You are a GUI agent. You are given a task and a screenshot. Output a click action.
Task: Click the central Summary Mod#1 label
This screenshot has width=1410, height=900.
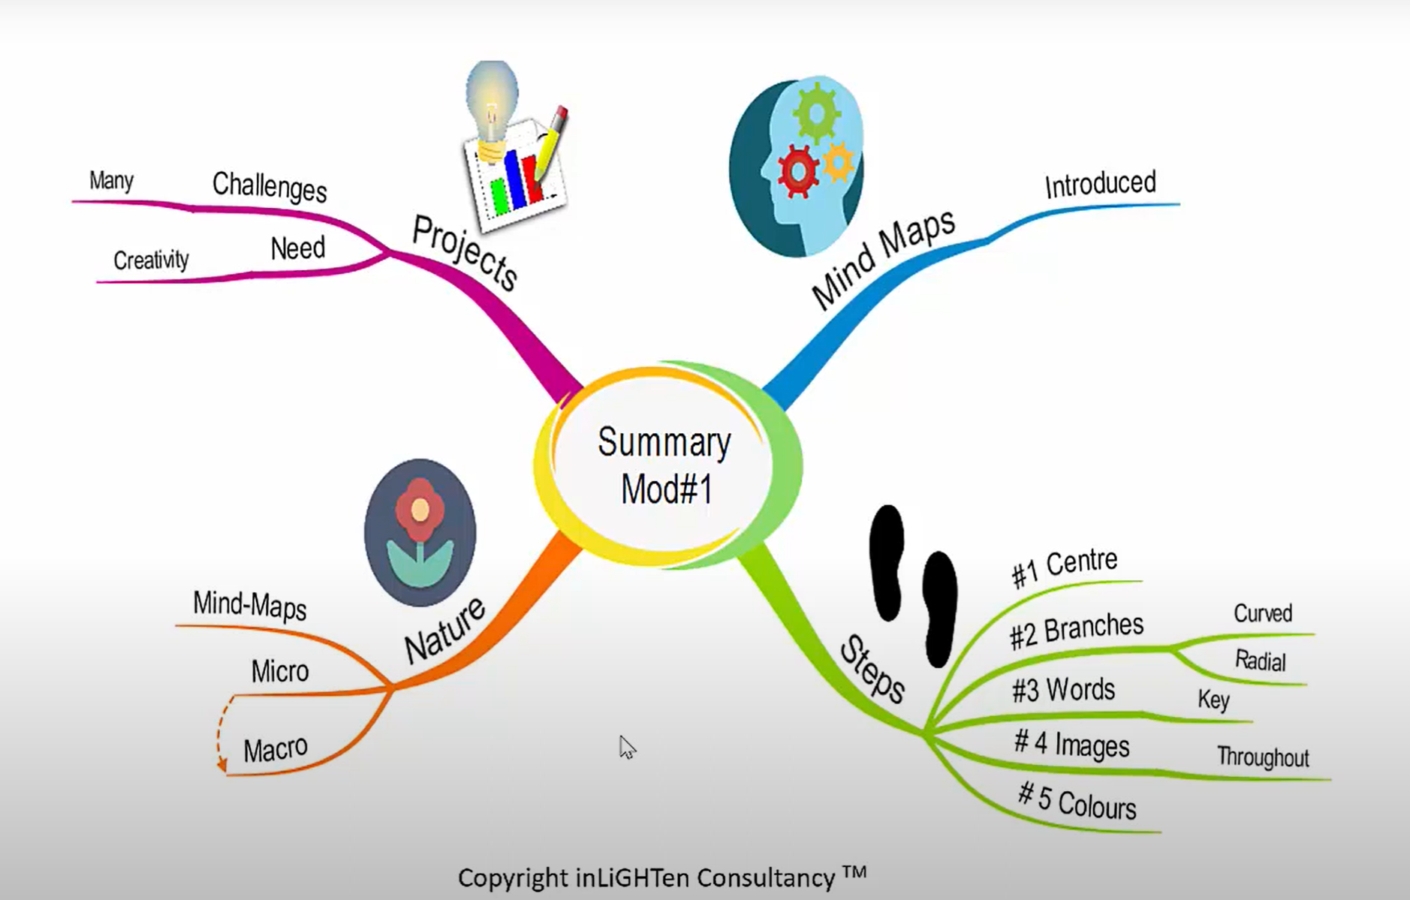point(665,465)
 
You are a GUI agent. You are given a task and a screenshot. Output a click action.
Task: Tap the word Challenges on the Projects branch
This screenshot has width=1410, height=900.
point(270,186)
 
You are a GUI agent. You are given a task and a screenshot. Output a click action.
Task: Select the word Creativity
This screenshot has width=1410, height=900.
point(151,260)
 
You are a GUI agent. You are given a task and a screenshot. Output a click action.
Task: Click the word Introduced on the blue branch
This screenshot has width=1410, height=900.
point(1100,185)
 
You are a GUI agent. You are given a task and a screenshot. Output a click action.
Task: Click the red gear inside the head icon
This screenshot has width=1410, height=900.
point(797,172)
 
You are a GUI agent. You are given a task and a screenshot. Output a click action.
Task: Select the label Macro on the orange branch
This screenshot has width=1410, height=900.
point(276,749)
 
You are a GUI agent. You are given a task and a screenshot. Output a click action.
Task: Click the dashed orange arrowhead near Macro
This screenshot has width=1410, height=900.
point(222,766)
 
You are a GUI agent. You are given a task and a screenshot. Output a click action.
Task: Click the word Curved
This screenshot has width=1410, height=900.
point(1263,613)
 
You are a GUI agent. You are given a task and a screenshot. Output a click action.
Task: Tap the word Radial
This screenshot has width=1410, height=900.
point(1261,661)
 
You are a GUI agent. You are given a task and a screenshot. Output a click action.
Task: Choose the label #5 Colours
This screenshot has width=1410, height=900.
point(1077,802)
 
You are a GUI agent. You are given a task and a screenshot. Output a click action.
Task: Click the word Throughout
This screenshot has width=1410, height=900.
point(1263,757)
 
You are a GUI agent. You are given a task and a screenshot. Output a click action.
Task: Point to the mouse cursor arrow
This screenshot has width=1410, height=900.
point(626,746)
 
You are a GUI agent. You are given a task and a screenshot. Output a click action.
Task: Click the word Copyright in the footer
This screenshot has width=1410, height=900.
point(513,877)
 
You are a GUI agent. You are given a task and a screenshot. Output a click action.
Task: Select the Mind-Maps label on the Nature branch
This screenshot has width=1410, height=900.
point(250,605)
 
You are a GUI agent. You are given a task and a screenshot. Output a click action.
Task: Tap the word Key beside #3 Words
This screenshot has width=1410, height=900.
point(1213,700)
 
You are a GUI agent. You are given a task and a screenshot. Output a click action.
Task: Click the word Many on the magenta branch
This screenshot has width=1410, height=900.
point(111,181)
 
